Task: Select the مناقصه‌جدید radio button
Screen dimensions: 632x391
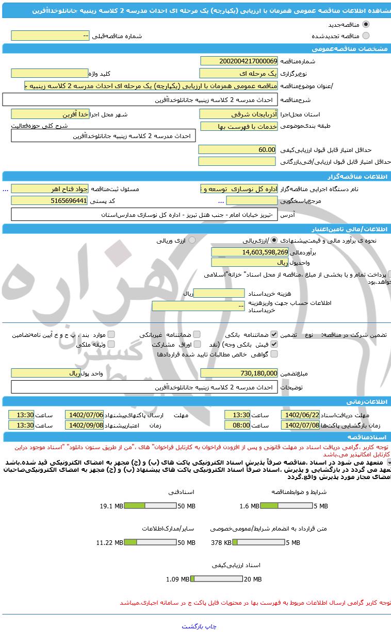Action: point(366,24)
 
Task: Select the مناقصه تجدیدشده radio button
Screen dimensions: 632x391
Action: point(366,36)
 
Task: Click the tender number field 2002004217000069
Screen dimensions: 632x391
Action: point(239,61)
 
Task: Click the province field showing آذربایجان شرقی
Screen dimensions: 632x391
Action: point(239,114)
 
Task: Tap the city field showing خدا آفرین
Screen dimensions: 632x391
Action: point(50,114)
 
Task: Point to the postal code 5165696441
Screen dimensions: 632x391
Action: point(50,200)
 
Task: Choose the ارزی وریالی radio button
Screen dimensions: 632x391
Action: point(192,240)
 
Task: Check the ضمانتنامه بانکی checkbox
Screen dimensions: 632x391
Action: point(274,334)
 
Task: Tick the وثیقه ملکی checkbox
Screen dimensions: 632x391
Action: point(111,344)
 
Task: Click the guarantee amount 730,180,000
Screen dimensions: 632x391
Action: point(239,373)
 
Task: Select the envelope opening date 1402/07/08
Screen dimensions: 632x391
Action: point(300,425)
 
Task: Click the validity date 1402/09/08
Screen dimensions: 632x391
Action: point(84,425)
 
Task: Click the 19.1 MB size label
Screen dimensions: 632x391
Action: point(111,506)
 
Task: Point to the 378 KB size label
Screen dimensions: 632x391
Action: point(221,542)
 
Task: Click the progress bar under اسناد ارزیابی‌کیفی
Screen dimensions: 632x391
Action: point(216,579)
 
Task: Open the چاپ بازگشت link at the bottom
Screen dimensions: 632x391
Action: point(199,626)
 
